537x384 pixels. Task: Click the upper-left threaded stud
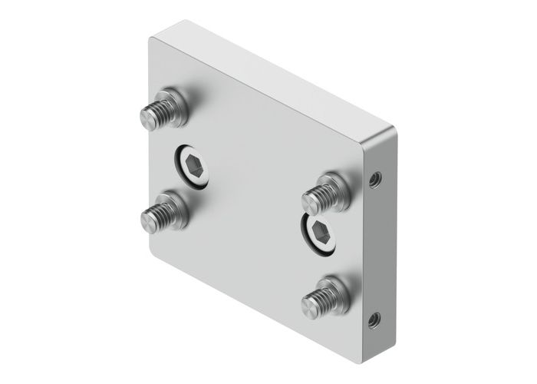[163, 110]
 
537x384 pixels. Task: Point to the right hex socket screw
[319, 230]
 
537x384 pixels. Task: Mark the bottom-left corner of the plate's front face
[150, 252]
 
